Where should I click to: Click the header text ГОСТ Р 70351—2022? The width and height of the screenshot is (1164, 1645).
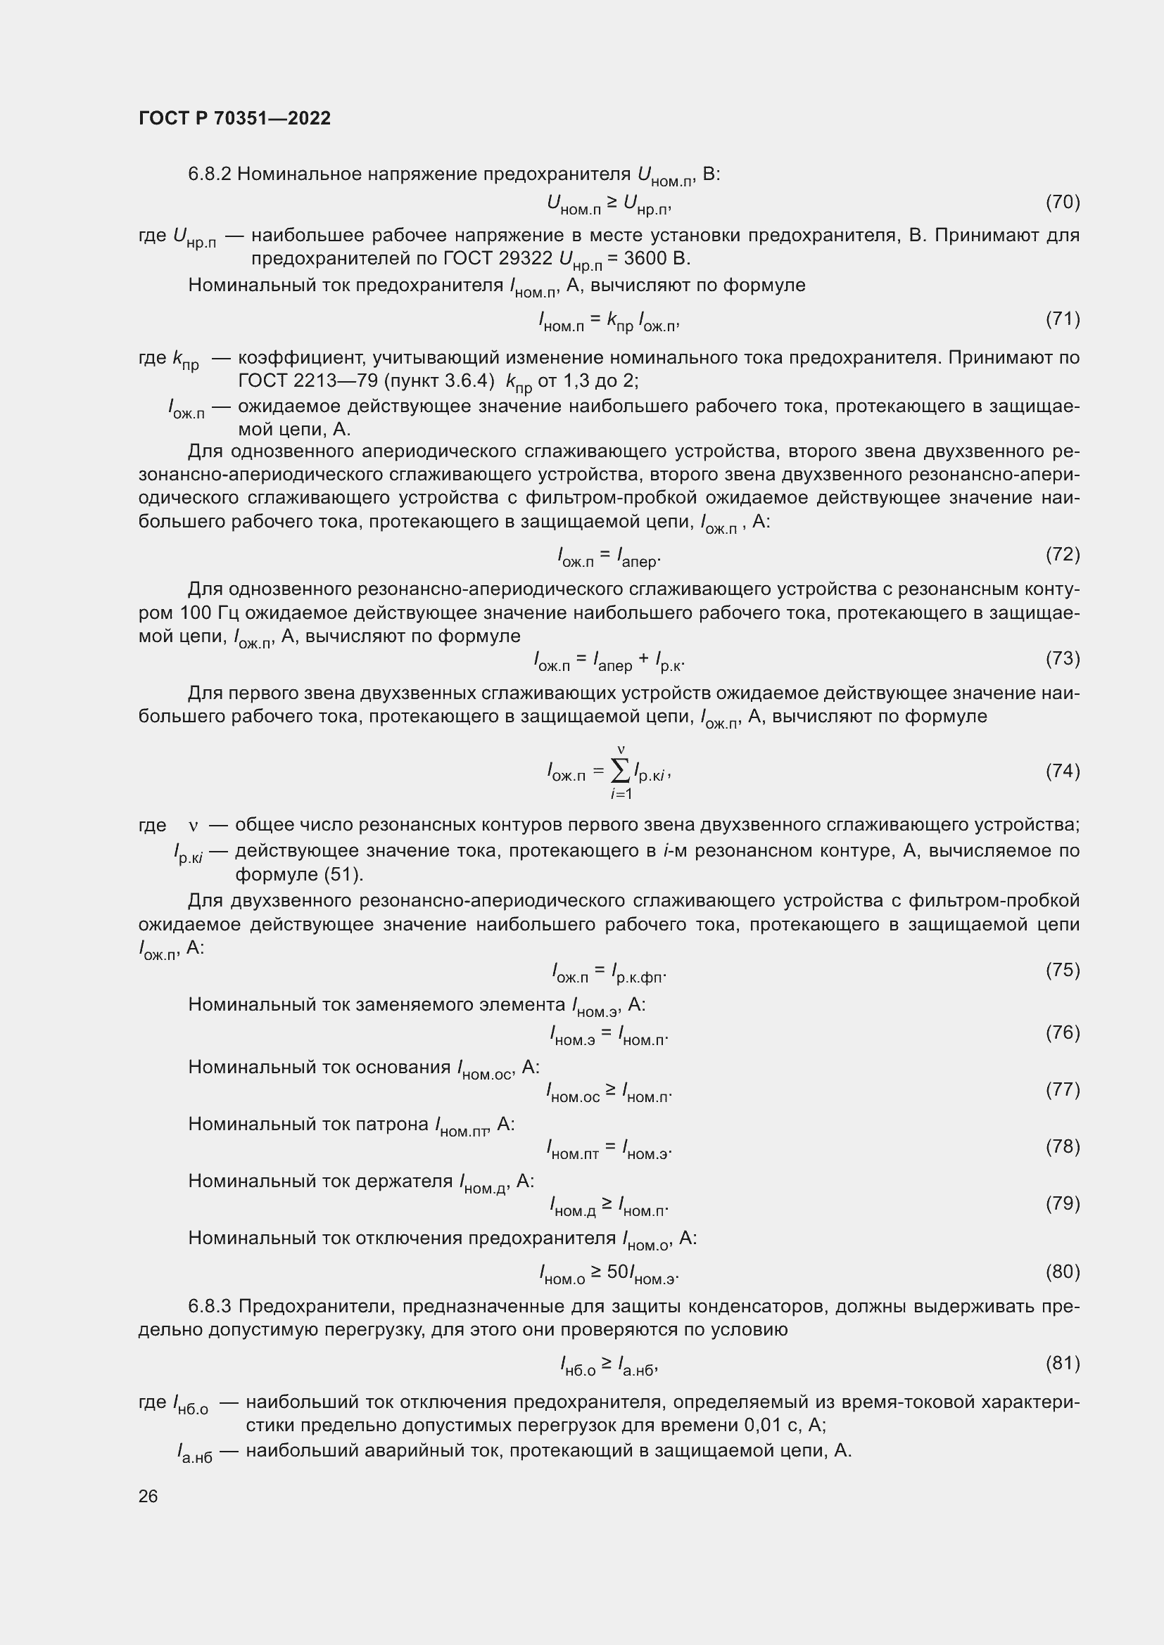[x=234, y=118]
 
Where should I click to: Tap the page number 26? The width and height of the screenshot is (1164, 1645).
[x=148, y=1496]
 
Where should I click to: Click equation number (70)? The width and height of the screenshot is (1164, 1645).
[x=1062, y=202]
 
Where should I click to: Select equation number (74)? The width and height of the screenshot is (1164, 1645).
[x=1062, y=771]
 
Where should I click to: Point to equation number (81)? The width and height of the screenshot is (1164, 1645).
[x=1062, y=1363]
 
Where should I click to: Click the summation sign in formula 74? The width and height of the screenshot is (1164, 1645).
[x=621, y=771]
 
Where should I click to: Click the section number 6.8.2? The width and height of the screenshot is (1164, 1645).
[x=209, y=174]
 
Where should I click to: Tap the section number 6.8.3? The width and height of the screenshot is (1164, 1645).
[x=209, y=1306]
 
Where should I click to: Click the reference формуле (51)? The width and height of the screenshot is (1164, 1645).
[x=299, y=874]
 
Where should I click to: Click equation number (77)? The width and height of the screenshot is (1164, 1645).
[x=1062, y=1089]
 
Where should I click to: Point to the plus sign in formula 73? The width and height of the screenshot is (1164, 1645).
[x=644, y=659]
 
